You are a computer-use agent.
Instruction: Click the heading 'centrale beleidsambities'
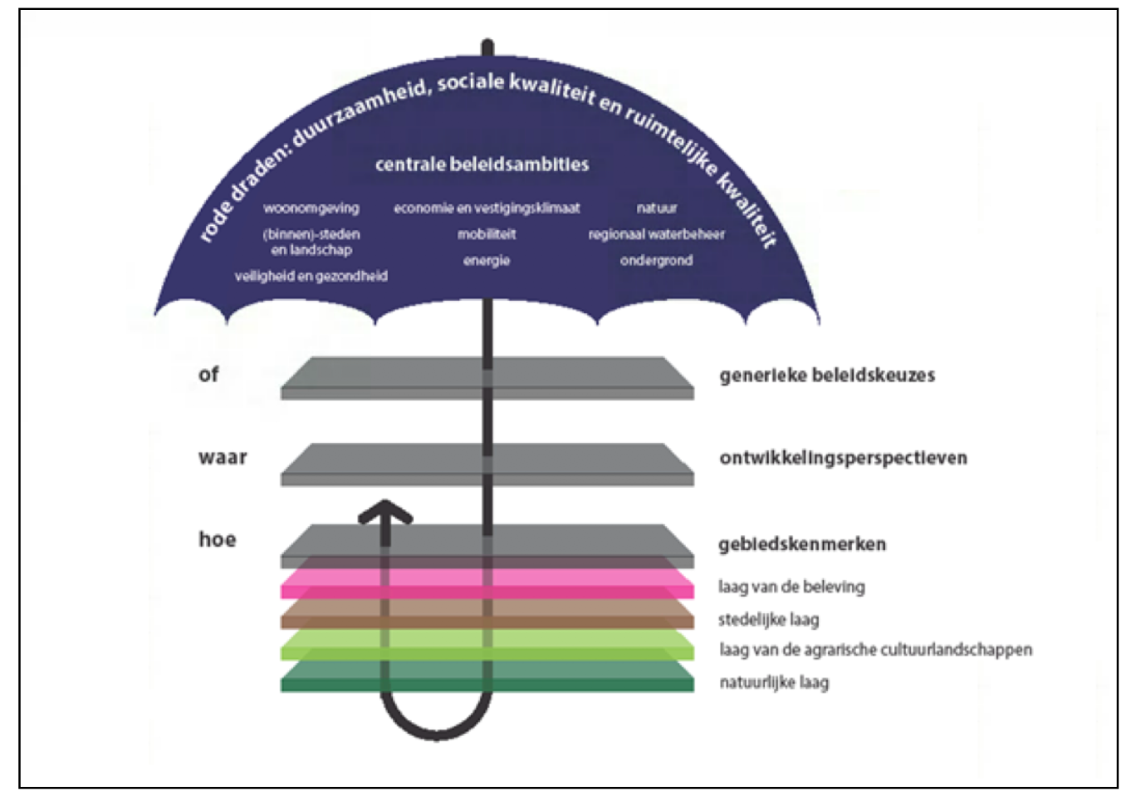(x=482, y=165)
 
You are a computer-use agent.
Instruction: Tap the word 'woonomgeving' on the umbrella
(x=311, y=209)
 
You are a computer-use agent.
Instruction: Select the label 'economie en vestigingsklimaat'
(x=487, y=208)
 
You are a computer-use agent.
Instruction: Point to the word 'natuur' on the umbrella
(x=656, y=208)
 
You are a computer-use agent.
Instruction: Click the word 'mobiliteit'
(x=487, y=234)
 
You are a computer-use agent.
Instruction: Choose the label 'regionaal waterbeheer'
(x=656, y=234)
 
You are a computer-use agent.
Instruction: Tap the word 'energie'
(x=487, y=261)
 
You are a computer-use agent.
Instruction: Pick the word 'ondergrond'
(x=656, y=261)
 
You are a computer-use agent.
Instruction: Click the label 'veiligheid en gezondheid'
(x=311, y=277)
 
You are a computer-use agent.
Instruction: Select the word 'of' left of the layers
(x=208, y=375)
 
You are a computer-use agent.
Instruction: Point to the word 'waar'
(x=223, y=457)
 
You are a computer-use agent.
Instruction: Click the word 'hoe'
(x=217, y=539)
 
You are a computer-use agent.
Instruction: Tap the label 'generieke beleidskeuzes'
(x=827, y=376)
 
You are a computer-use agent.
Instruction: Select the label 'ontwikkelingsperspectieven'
(x=843, y=458)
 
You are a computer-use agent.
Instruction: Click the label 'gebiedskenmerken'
(x=802, y=544)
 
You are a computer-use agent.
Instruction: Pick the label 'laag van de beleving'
(x=791, y=587)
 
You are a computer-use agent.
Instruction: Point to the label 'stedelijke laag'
(x=768, y=620)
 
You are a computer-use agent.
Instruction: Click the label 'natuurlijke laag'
(x=774, y=683)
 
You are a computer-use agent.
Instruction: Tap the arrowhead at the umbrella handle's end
(x=385, y=511)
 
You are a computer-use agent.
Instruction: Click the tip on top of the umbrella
(x=487, y=42)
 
